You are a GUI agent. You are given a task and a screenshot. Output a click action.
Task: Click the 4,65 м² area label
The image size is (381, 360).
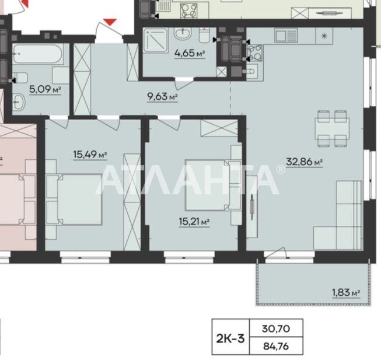(190, 53)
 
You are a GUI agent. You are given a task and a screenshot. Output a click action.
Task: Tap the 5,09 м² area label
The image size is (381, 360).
(45, 89)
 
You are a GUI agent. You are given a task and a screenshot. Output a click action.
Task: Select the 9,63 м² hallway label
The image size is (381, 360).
(162, 97)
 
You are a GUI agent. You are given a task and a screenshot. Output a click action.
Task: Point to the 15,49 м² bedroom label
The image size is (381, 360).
(90, 155)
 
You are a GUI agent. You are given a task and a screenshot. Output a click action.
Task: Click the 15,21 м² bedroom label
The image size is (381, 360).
(194, 222)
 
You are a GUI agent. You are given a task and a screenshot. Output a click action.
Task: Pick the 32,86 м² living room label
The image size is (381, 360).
(305, 162)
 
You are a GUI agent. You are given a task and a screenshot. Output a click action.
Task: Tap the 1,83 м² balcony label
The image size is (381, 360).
(346, 292)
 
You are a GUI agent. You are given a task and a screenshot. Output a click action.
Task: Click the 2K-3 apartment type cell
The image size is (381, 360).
(230, 338)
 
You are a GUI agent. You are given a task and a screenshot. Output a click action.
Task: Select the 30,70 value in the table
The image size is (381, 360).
(276, 329)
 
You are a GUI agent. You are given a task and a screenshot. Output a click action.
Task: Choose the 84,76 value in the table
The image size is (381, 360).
(276, 346)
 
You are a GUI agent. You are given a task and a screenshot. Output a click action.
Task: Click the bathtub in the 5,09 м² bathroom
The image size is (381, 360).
(38, 54)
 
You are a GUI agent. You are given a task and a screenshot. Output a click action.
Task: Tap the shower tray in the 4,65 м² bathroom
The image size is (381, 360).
(156, 40)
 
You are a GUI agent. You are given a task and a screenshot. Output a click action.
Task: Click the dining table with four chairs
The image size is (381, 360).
(332, 129)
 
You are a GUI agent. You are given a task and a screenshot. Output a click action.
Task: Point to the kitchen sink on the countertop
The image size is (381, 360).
(286, 36)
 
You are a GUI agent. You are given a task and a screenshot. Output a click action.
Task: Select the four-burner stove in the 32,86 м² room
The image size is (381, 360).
(255, 53)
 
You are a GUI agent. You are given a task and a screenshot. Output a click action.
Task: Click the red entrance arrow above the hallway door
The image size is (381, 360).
(110, 22)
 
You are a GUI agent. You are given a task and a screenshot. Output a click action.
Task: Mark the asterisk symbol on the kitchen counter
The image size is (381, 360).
(324, 36)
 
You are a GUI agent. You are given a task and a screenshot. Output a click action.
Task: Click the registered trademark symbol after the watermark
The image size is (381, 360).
(281, 169)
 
